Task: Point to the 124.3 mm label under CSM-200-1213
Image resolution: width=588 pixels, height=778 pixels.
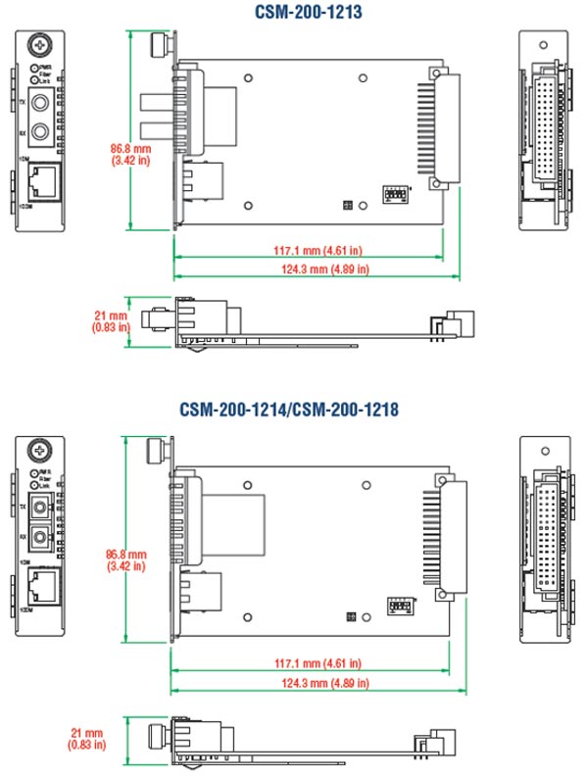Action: [310, 267]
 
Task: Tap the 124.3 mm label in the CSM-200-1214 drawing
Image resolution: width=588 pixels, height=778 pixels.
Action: [310, 681]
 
